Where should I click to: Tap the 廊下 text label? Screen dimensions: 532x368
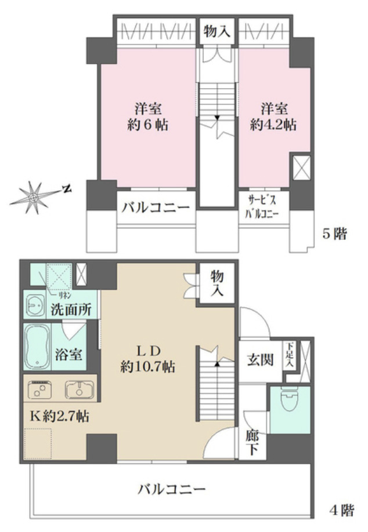click(x=253, y=441)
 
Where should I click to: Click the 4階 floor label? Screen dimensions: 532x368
click(x=341, y=511)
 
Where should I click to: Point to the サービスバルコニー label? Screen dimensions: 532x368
click(x=264, y=207)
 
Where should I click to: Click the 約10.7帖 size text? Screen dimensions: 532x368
click(x=149, y=366)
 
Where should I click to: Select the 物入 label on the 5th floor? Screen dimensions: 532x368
click(x=217, y=32)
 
